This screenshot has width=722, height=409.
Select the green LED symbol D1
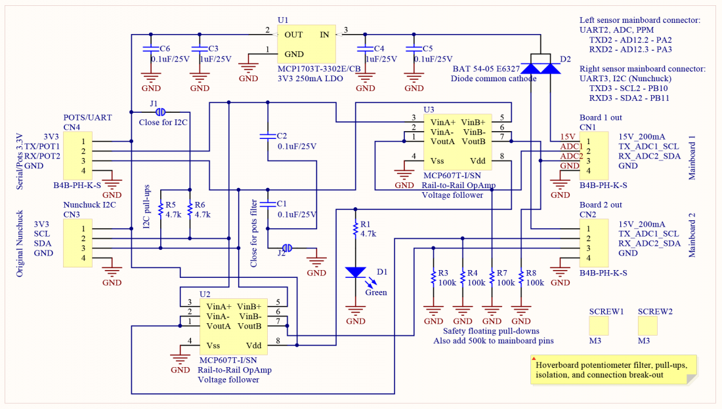[x=356, y=272]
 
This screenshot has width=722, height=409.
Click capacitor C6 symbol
[x=151, y=49]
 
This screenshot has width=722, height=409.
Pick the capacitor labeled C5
[x=414, y=49]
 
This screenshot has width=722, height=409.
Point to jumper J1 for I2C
[x=161, y=112]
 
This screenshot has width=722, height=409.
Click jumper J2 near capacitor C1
[x=286, y=248]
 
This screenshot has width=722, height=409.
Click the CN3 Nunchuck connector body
[x=77, y=243]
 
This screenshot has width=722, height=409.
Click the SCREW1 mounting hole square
[x=598, y=326]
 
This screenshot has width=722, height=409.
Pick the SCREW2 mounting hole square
[x=647, y=326]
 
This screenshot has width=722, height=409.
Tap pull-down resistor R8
[x=520, y=278]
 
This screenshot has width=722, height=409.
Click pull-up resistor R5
[x=160, y=210]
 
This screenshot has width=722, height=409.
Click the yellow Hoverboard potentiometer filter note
[x=613, y=370]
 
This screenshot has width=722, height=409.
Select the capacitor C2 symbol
[x=267, y=136]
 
